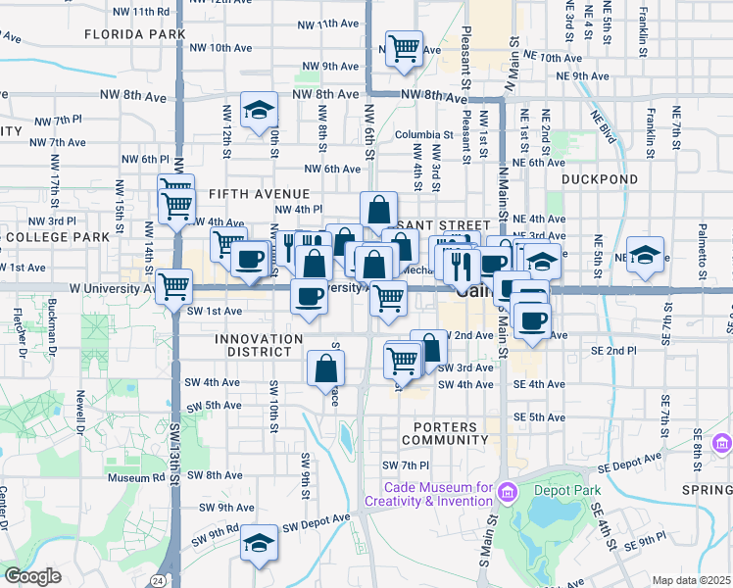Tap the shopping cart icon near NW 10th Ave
click(x=403, y=48)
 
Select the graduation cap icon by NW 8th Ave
click(x=259, y=111)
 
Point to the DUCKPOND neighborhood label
click(x=600, y=179)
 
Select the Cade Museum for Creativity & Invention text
click(x=428, y=494)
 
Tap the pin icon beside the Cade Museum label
click(x=505, y=491)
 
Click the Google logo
click(x=32, y=576)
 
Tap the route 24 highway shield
click(x=158, y=580)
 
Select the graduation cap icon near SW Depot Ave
click(x=259, y=543)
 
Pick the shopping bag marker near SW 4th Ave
click(x=326, y=368)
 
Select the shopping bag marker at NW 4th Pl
click(x=378, y=210)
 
